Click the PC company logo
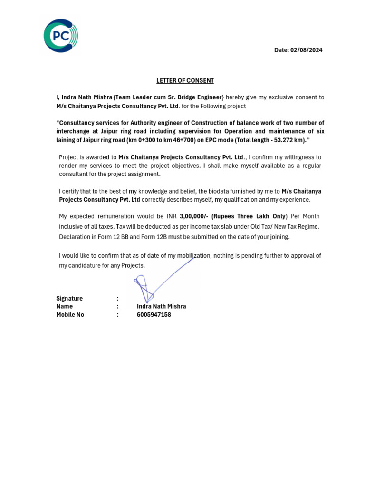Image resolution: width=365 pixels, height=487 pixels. (60, 36)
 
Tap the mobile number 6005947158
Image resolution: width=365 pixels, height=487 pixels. (154, 315)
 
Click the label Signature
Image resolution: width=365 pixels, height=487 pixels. (69, 299)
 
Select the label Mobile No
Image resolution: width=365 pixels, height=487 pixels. (70, 315)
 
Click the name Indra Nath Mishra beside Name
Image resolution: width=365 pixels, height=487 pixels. (162, 307)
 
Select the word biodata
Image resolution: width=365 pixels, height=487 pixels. (220, 191)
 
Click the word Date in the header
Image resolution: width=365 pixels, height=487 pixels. (281, 50)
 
